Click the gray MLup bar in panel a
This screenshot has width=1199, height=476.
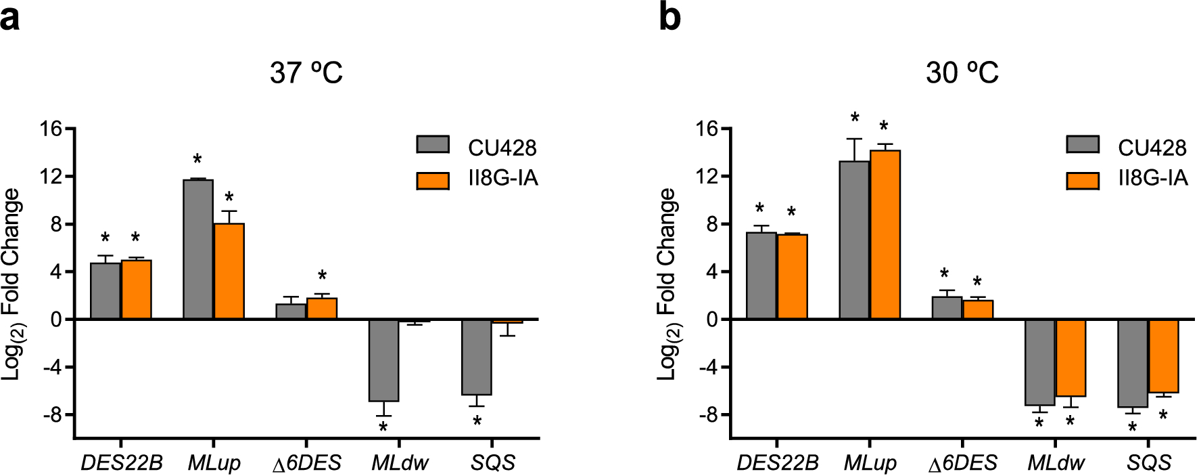198,249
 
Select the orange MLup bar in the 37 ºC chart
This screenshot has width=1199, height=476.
229,271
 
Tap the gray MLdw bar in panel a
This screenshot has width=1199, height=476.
383,360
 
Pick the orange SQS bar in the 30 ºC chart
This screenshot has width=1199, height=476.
1163,356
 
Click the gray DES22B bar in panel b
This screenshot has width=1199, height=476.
761,276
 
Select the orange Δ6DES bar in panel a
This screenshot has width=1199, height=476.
322,309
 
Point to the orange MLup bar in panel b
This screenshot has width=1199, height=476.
885,234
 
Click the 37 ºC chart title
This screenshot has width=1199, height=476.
306,72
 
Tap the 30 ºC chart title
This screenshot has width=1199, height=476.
962,72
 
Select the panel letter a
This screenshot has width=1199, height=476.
9,18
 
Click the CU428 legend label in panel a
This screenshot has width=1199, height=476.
502,148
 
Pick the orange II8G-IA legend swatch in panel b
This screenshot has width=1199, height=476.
1082,180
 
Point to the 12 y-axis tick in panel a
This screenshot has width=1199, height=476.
51,177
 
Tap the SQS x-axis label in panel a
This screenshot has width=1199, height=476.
493,463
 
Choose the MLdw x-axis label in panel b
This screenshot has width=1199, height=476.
1056,463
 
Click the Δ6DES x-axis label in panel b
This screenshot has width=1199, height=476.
962,463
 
